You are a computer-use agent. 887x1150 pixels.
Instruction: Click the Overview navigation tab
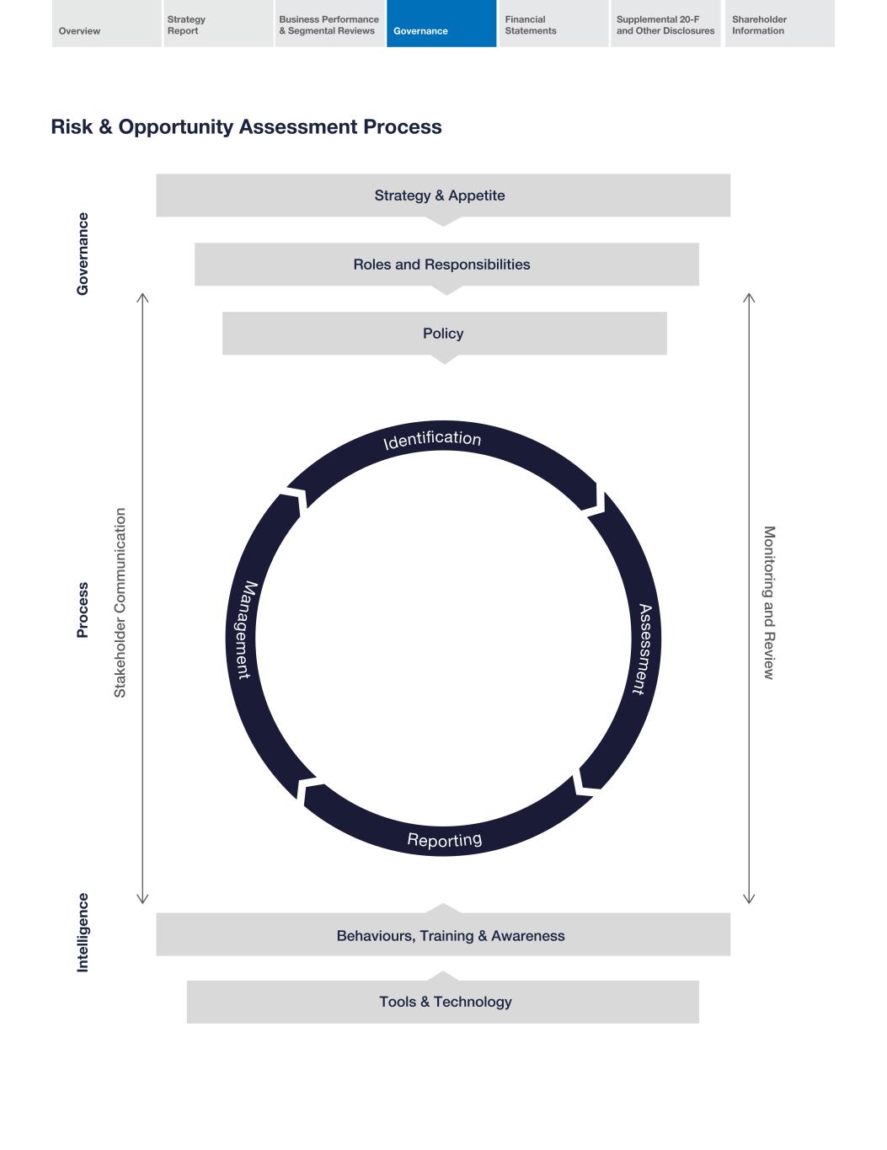coord(106,24)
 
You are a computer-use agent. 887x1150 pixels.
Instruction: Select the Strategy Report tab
coord(218,24)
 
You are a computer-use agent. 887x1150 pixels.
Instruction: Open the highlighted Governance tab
coord(441,24)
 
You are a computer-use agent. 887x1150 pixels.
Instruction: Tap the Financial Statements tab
coord(553,24)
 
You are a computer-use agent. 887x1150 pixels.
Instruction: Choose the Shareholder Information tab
coord(779,24)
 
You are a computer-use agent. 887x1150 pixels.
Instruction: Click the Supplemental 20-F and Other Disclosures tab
coord(665,24)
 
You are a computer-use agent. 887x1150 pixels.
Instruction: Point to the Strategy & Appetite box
coord(443,195)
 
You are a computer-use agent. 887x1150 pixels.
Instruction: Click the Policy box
coord(444,334)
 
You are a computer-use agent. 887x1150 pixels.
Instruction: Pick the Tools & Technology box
coord(443,1002)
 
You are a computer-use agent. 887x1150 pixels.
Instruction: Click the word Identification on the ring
coord(432,440)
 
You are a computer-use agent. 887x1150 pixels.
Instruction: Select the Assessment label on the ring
coord(644,649)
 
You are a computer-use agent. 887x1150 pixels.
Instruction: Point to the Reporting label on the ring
coord(444,840)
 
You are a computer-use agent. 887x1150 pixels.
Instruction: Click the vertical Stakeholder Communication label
coord(120,602)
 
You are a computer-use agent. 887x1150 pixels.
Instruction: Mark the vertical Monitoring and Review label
coord(768,602)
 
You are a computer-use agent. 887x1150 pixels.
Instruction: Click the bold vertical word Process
coord(83,610)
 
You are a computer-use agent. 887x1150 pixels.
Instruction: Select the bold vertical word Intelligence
coord(83,933)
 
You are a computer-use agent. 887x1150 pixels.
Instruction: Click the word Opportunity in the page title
coord(175,127)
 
